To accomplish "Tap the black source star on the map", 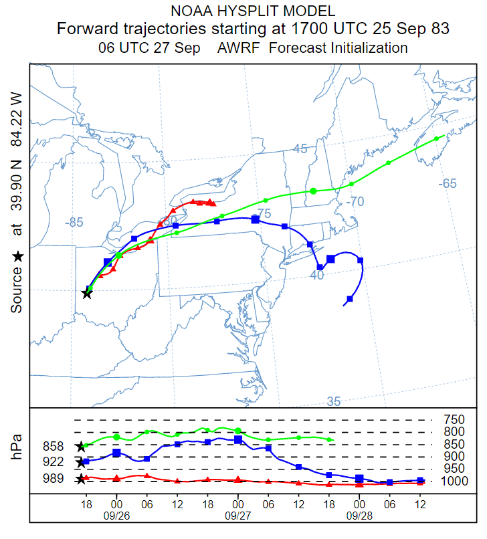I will point(87,293).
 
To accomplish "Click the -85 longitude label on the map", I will point(74,223).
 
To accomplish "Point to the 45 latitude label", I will point(301,148).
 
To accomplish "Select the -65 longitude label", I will point(448,184).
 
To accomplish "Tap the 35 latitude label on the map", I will point(334,401).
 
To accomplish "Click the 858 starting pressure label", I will point(53,446).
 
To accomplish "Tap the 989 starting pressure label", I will point(53,478).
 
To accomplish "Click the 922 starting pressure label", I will point(53,462).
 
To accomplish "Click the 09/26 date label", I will point(116,515).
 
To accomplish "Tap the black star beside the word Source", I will point(17,256).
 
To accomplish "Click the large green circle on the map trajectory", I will point(313,191).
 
